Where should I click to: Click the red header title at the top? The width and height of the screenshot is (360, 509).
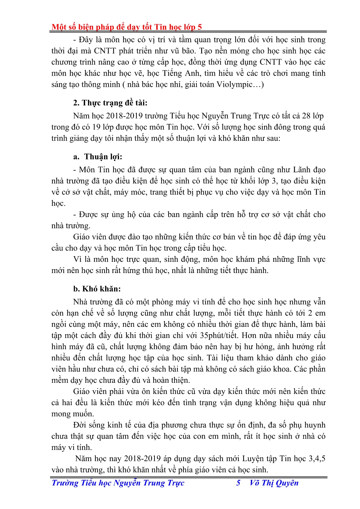127,27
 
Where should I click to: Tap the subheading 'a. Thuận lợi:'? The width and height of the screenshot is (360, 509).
98,157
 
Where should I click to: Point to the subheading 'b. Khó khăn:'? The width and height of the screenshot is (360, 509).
97,289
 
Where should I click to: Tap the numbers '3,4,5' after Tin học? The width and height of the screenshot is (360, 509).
317,459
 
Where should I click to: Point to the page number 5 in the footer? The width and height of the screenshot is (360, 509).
238,483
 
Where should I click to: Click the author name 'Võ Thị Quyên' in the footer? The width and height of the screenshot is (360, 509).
274,483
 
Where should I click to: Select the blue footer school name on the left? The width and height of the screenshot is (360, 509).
118,483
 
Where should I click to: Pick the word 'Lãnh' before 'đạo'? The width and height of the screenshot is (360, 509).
302,170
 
